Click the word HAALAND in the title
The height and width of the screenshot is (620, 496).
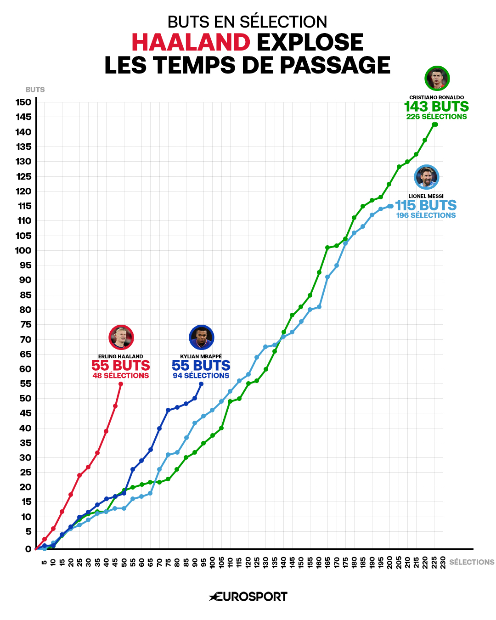tap(191, 42)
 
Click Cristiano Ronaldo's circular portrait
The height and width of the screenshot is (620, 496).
tap(437, 79)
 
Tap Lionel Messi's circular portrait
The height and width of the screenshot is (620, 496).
tap(426, 177)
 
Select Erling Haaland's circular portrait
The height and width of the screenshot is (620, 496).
tap(121, 338)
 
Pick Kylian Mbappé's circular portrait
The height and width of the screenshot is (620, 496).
tap(201, 338)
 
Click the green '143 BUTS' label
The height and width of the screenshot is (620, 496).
tap(436, 107)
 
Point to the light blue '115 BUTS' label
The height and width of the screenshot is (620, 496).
tap(426, 205)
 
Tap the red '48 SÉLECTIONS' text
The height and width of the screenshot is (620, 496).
tap(121, 376)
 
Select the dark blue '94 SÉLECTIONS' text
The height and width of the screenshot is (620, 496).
tap(201, 376)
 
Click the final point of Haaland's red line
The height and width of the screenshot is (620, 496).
tap(121, 384)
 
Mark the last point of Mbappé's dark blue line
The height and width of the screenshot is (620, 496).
tap(201, 384)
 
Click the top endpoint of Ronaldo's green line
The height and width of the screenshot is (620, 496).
tap(435, 124)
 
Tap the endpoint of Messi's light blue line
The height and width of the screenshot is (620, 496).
tap(391, 206)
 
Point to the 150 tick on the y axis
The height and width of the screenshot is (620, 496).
tap(23, 102)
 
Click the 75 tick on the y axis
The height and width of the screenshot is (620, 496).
tap(25, 325)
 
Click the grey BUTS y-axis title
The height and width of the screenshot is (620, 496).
tap(35, 90)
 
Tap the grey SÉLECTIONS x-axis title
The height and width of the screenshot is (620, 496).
tap(472, 562)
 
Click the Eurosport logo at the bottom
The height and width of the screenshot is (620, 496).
tap(248, 597)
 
